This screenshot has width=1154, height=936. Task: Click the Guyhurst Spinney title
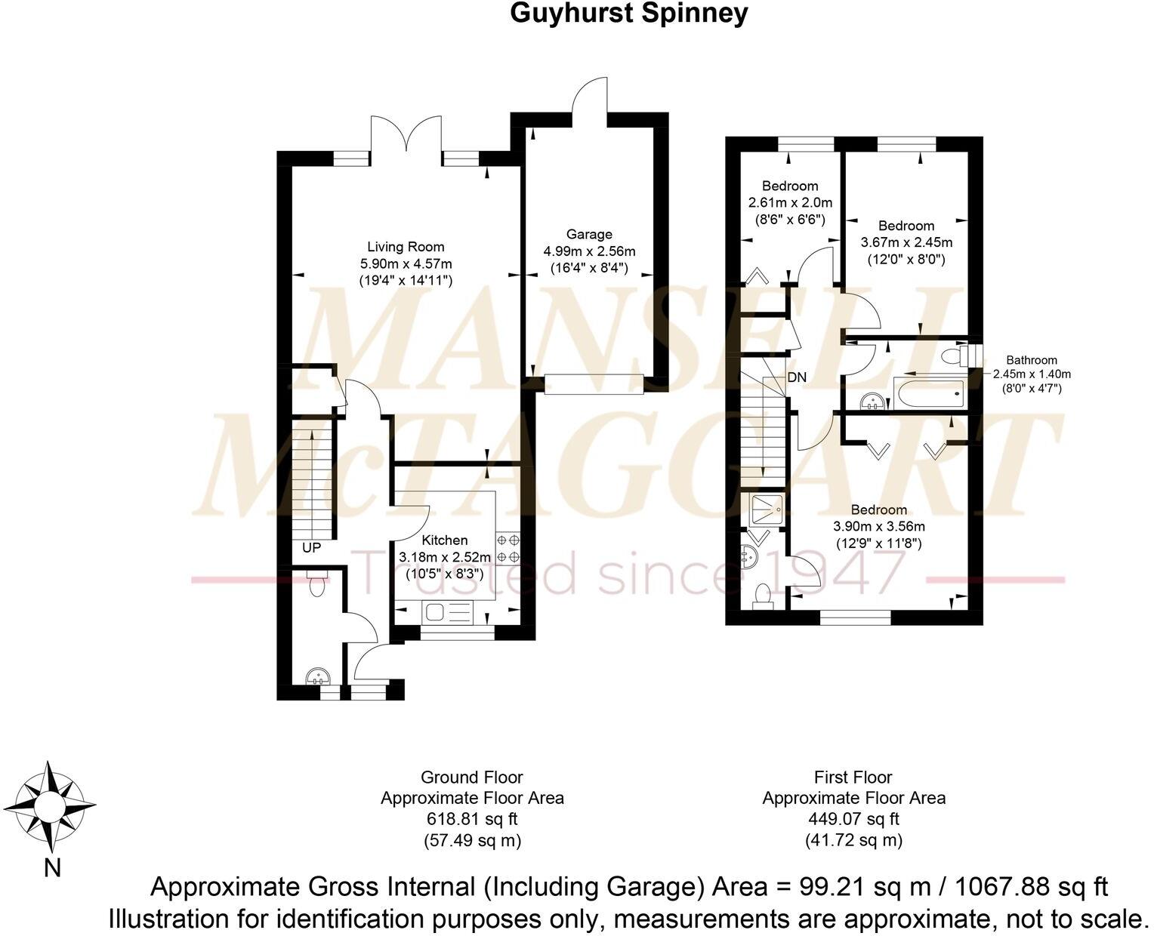tap(628, 13)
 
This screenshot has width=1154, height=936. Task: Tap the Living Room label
tap(406, 247)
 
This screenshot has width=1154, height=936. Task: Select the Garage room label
tap(588, 235)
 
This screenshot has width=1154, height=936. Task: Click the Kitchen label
tap(444, 540)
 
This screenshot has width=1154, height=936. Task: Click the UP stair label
tap(311, 548)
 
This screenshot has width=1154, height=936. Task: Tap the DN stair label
tap(797, 377)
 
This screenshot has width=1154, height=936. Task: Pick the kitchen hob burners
tap(508, 549)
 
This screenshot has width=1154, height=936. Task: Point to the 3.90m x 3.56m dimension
tap(878, 527)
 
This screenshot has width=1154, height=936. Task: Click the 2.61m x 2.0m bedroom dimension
tap(790, 203)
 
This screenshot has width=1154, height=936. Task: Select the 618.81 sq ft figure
tap(471, 819)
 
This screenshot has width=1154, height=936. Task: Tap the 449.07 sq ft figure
tap(853, 819)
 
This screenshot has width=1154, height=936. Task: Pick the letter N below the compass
tap(51, 869)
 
